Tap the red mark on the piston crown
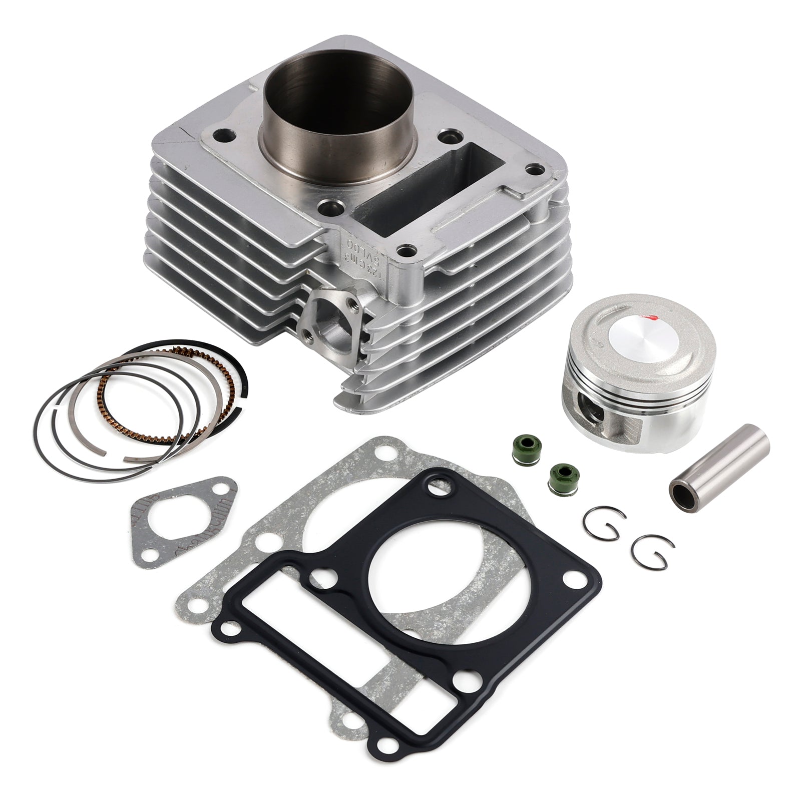pos(650,316)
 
